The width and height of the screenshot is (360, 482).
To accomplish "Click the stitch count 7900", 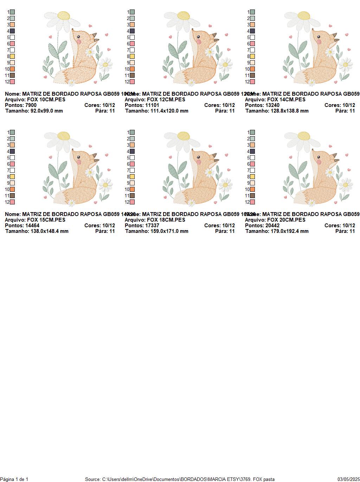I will click(x=31, y=105).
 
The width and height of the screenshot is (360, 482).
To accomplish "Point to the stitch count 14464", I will click(x=32, y=226).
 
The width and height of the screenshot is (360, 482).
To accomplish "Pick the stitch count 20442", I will click(x=272, y=226).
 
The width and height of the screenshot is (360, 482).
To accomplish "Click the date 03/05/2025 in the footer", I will click(x=348, y=479).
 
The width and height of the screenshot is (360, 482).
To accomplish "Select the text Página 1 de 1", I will click(x=14, y=479).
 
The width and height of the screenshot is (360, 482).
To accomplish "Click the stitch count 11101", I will click(x=152, y=105).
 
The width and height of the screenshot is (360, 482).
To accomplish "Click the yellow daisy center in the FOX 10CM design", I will click(x=63, y=15).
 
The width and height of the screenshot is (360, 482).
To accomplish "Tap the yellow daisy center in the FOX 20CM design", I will click(x=303, y=136).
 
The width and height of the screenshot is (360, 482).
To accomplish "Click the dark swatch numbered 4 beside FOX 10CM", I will click(x=12, y=31).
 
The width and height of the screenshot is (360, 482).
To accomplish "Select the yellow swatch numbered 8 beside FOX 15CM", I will click(x=12, y=177).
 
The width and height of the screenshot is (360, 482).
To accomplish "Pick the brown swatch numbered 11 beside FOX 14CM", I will click(x=252, y=75).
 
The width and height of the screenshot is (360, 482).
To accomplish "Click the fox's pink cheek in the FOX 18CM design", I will click(x=199, y=161).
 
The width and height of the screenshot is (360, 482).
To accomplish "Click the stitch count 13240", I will click(x=272, y=105).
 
